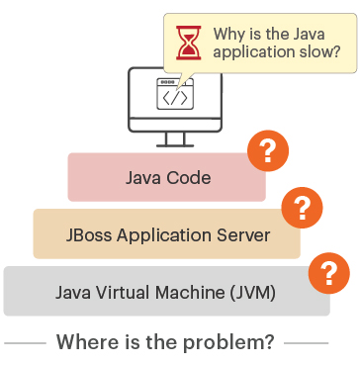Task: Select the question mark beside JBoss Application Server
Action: [302, 209]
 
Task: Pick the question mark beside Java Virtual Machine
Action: [329, 269]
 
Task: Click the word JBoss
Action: [92, 235]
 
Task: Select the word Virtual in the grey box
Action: [127, 293]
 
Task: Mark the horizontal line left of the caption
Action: [25, 343]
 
